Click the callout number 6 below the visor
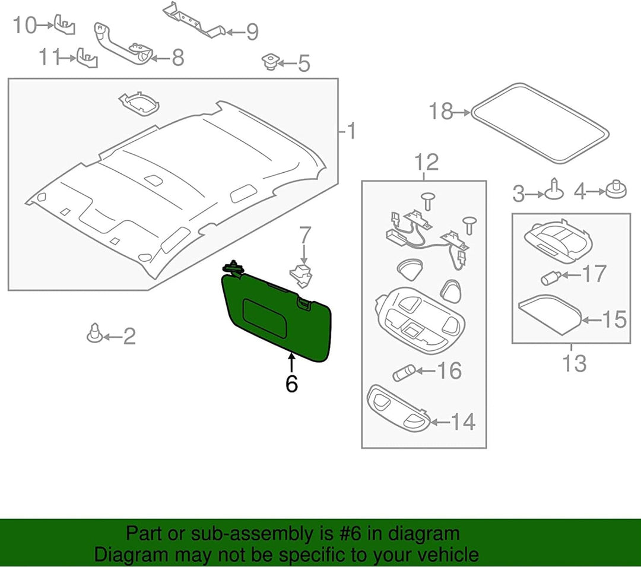(291, 384)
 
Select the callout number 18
(441, 111)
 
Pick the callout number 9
(252, 32)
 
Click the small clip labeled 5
(270, 61)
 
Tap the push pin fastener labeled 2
(94, 334)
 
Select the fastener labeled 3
(554, 191)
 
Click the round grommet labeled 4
(615, 190)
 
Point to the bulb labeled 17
(550, 279)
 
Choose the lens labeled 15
(549, 314)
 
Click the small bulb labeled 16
(404, 373)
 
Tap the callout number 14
(462, 422)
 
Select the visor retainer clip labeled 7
(303, 275)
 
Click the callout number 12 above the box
(426, 162)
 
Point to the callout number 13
(575, 363)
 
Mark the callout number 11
(49, 57)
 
